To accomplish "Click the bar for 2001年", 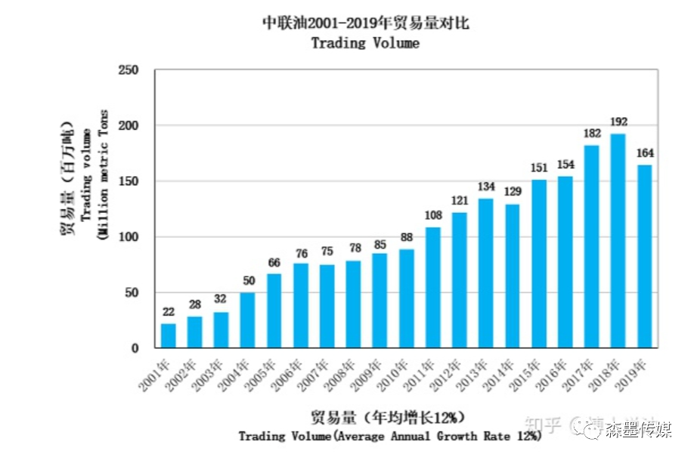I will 168,335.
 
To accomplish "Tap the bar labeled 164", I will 644,256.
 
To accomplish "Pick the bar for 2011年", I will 432,287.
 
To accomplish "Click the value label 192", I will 618,122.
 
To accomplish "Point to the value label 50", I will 247,281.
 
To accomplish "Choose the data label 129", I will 512,193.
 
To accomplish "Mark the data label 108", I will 432,215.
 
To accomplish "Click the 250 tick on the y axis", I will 130,69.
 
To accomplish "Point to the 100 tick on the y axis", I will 130,237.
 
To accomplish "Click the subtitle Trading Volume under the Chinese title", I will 365,43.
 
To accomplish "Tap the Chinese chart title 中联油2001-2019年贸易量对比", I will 365,23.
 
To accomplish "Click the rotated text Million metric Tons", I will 103,174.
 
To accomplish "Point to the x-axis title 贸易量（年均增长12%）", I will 386,416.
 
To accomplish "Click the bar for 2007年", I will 327,306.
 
